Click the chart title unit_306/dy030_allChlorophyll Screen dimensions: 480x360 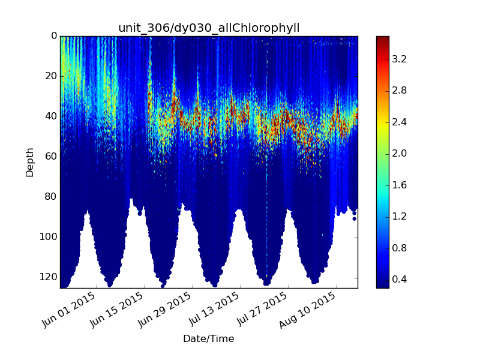point(209,28)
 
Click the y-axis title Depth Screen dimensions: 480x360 point(29,163)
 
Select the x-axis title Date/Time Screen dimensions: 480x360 point(208,338)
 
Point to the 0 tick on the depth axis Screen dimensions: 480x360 point(54,36)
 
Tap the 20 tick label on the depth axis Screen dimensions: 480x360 point(51,76)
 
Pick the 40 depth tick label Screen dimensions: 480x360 point(51,116)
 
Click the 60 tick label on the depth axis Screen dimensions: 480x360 point(51,157)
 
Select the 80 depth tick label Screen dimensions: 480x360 point(51,197)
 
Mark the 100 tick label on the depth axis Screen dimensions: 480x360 point(49,237)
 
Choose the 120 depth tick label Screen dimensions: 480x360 point(49,277)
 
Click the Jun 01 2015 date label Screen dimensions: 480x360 point(68,310)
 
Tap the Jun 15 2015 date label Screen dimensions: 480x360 point(116,310)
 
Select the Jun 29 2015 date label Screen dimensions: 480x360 point(164,310)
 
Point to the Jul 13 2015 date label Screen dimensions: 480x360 point(213,309)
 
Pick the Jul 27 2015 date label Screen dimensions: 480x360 point(261,309)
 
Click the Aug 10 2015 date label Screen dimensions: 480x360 point(308,310)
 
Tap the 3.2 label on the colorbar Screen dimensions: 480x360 point(399,59)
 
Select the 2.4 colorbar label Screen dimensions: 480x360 point(399,122)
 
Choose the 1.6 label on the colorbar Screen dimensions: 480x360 point(399,185)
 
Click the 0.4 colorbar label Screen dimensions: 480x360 point(399,280)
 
